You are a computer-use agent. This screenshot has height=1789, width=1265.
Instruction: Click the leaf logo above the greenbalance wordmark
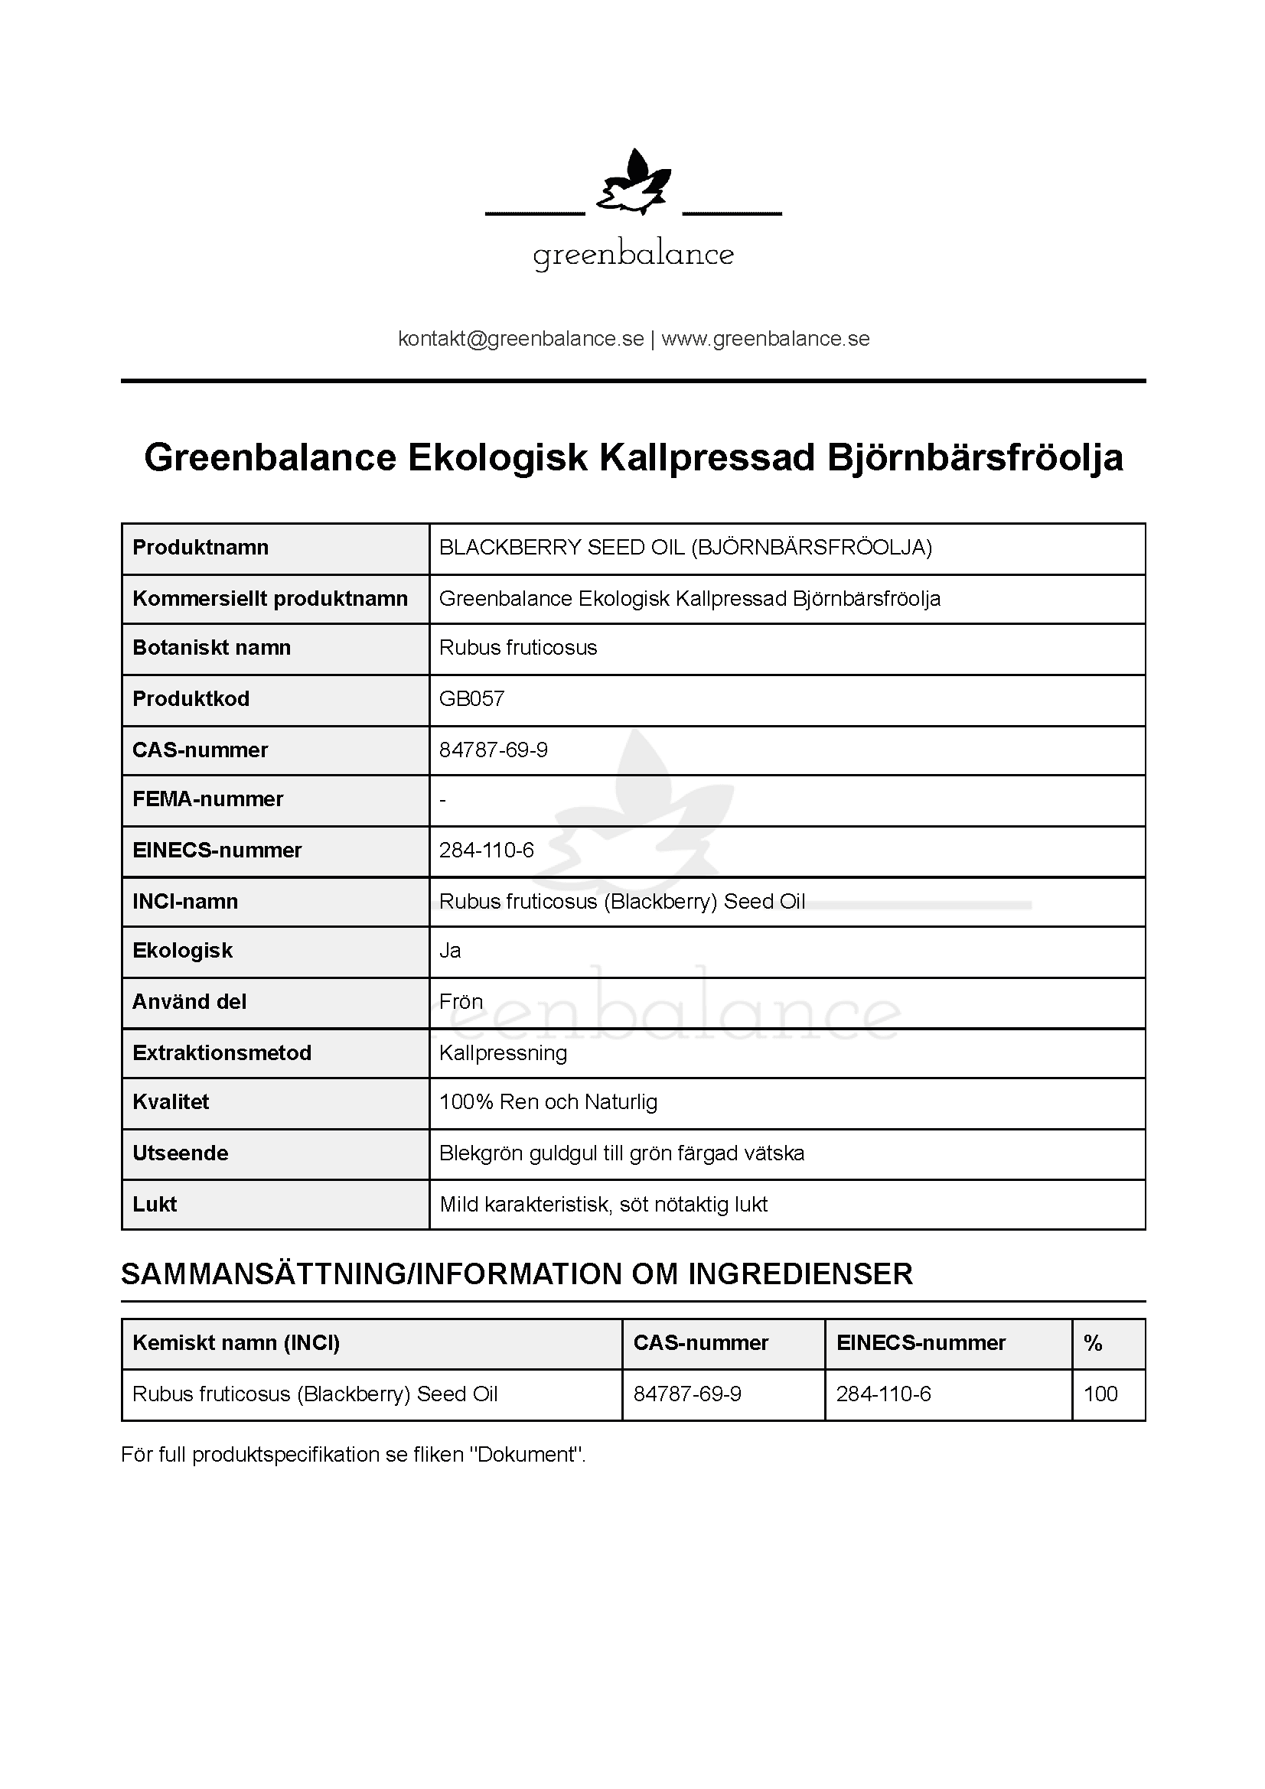point(633,183)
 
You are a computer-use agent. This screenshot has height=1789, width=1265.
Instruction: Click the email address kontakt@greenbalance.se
point(520,339)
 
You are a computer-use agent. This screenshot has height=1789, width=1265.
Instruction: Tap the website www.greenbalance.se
point(765,339)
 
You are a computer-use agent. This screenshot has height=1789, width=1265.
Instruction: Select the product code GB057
point(471,698)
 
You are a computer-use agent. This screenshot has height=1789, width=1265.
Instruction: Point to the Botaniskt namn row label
point(211,648)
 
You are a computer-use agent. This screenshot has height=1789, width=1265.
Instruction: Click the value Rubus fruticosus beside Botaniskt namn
point(517,648)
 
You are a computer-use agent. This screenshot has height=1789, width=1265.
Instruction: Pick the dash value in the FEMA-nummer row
point(442,799)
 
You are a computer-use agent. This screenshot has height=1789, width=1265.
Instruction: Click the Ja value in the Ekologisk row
point(450,951)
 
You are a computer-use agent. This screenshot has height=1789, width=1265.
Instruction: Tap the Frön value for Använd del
point(461,1002)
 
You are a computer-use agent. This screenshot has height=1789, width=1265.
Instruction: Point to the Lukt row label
point(155,1205)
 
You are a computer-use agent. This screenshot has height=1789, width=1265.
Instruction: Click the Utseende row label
point(180,1153)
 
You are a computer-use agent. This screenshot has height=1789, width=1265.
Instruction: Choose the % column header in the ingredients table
point(1093,1342)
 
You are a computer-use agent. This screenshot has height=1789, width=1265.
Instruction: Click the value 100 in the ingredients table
point(1100,1394)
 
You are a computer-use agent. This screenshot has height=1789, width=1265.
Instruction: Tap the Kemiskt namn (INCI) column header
point(236,1342)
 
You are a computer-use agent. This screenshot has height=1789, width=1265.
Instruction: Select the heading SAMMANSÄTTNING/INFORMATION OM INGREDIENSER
point(517,1274)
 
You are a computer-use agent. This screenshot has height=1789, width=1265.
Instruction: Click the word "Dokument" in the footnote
point(526,1455)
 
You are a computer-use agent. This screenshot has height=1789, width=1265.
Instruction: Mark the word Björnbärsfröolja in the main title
point(974,457)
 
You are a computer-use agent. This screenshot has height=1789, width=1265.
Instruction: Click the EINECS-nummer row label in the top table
point(217,850)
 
